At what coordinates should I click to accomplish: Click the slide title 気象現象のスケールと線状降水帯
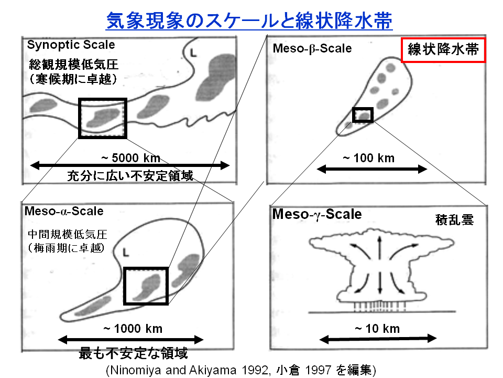tap(249, 20)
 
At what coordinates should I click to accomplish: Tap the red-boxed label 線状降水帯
tap(443, 50)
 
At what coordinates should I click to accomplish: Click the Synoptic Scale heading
tap(71, 45)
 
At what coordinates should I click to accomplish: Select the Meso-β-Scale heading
tap(312, 48)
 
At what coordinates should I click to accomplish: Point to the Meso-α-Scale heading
tap(64, 211)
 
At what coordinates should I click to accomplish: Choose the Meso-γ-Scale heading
tap(317, 214)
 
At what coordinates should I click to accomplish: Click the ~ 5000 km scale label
tap(130, 158)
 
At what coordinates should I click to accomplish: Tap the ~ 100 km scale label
tap(368, 158)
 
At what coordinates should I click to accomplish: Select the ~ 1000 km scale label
tap(133, 329)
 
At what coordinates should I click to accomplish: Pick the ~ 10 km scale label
tap(377, 329)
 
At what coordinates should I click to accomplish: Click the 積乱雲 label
tap(454, 220)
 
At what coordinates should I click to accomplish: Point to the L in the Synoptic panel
tap(193, 52)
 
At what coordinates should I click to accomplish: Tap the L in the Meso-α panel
tap(126, 253)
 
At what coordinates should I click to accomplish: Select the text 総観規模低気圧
tap(73, 65)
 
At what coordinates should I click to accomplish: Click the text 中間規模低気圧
tap(68, 234)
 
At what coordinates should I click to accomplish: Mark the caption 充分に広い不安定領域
tap(130, 176)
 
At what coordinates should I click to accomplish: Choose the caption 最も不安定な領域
tap(133, 353)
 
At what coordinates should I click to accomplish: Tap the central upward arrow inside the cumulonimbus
tap(379, 248)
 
